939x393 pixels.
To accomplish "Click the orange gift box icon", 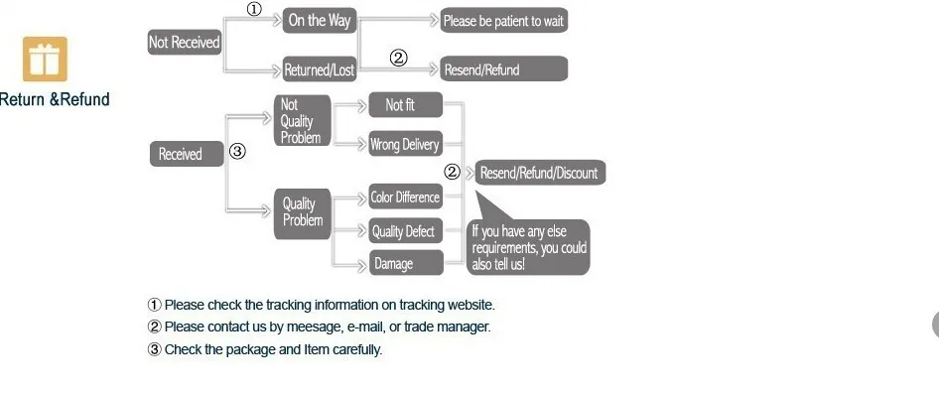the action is (45, 59).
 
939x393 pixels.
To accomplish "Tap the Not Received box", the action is (185, 42).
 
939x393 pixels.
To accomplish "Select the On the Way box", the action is (320, 21).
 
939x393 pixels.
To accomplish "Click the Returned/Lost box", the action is (320, 69).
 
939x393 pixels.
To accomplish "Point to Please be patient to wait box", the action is (503, 21).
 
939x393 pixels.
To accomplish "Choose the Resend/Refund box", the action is (503, 68).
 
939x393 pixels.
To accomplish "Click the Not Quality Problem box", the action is (303, 120).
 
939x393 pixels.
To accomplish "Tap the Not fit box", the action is (405, 105).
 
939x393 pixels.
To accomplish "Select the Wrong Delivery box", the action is (405, 144).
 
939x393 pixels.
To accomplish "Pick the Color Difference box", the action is (405, 196).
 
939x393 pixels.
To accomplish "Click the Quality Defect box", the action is (405, 231).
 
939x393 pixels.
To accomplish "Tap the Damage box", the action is (405, 263).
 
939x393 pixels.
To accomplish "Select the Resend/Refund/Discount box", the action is (540, 173).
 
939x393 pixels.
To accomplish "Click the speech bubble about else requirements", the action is (528, 247).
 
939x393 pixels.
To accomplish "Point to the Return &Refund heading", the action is (55, 99).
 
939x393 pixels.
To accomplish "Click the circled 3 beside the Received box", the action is (238, 152).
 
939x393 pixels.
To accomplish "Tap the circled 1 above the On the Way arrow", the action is (254, 10).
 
